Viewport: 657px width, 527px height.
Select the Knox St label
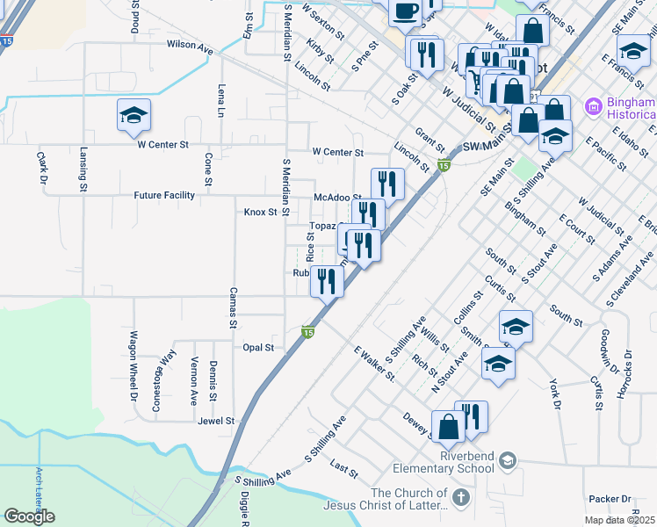[260, 212]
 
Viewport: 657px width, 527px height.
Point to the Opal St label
[258, 348]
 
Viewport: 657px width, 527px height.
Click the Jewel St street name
[216, 422]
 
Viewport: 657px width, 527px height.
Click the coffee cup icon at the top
[404, 11]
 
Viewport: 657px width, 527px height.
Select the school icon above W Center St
[134, 115]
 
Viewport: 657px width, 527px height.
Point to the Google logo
[30, 516]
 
